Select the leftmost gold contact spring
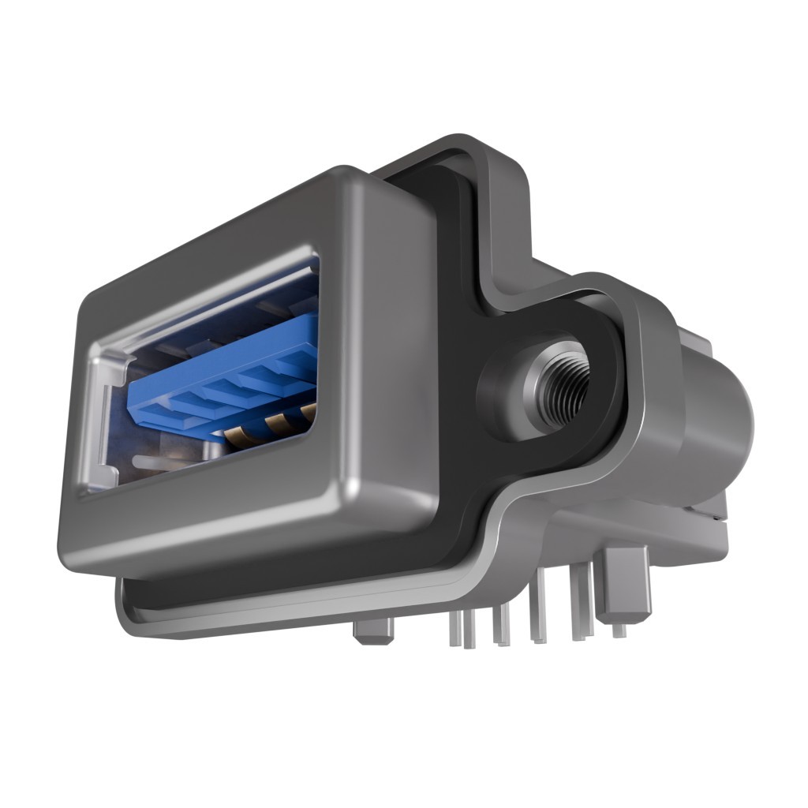(x=237, y=433)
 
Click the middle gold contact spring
(x=277, y=424)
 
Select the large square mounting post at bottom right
(x=626, y=584)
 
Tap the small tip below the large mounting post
(x=619, y=630)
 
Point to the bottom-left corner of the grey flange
(x=130, y=615)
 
